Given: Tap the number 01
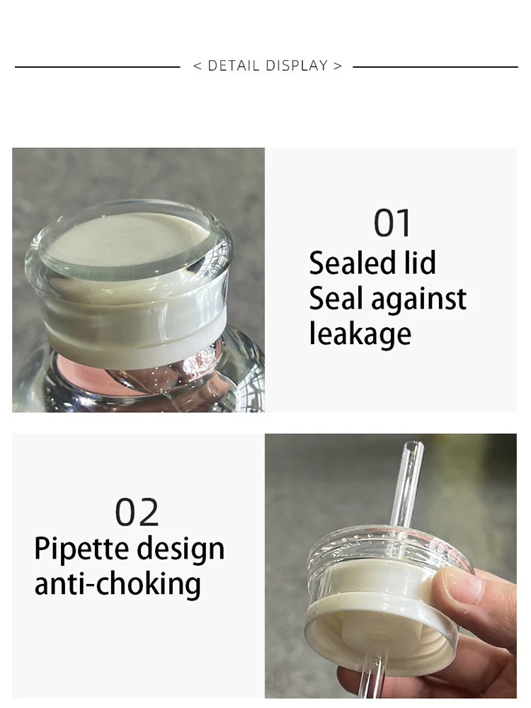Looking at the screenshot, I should (392, 224).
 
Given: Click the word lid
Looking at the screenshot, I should (420, 263).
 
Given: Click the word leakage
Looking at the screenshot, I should (360, 333).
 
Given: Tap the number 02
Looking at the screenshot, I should (138, 512).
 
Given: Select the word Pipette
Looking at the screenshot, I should (81, 549).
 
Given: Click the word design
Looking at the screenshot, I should (181, 549).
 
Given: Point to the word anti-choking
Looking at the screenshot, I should (118, 584).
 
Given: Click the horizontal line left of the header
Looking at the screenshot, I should (97, 67).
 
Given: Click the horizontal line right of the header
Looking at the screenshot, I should (435, 67).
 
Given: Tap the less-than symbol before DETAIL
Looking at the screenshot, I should (197, 67).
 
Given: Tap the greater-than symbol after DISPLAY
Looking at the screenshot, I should (338, 67).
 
